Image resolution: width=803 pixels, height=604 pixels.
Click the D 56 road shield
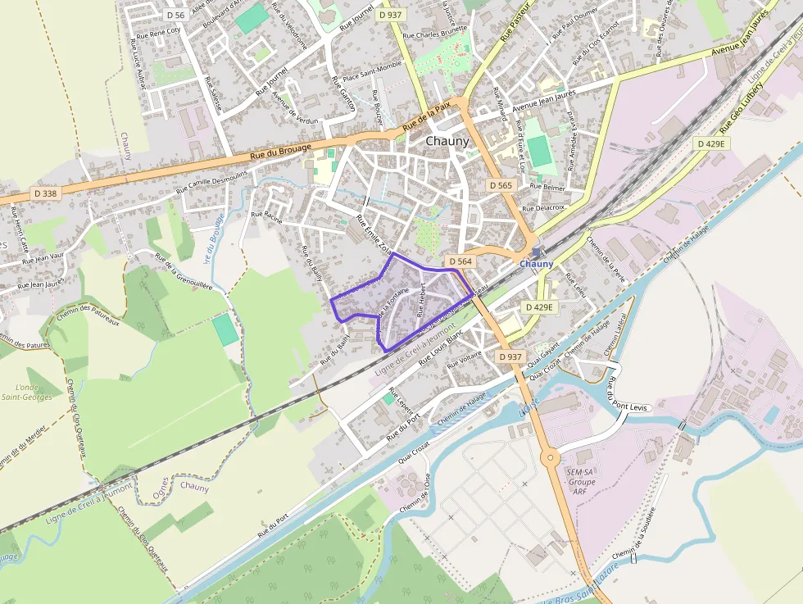point(175,15)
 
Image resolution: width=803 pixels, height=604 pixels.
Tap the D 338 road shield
point(47,193)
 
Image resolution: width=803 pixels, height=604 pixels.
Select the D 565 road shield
point(501,186)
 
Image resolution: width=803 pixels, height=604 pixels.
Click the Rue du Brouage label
point(280,151)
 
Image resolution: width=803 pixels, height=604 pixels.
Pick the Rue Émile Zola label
point(374,234)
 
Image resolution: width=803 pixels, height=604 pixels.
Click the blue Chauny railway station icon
point(536,252)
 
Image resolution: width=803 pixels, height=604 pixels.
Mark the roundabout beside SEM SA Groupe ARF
point(550,457)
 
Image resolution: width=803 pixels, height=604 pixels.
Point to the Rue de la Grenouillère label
point(184,271)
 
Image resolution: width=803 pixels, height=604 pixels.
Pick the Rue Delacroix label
point(547,208)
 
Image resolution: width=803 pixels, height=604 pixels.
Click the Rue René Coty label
point(158,33)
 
